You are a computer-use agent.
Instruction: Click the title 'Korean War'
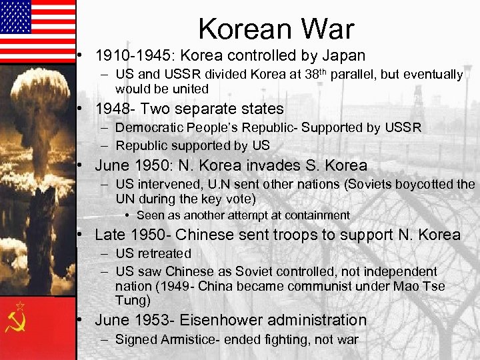click(276, 29)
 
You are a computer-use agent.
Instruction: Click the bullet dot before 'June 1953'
click(79, 319)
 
